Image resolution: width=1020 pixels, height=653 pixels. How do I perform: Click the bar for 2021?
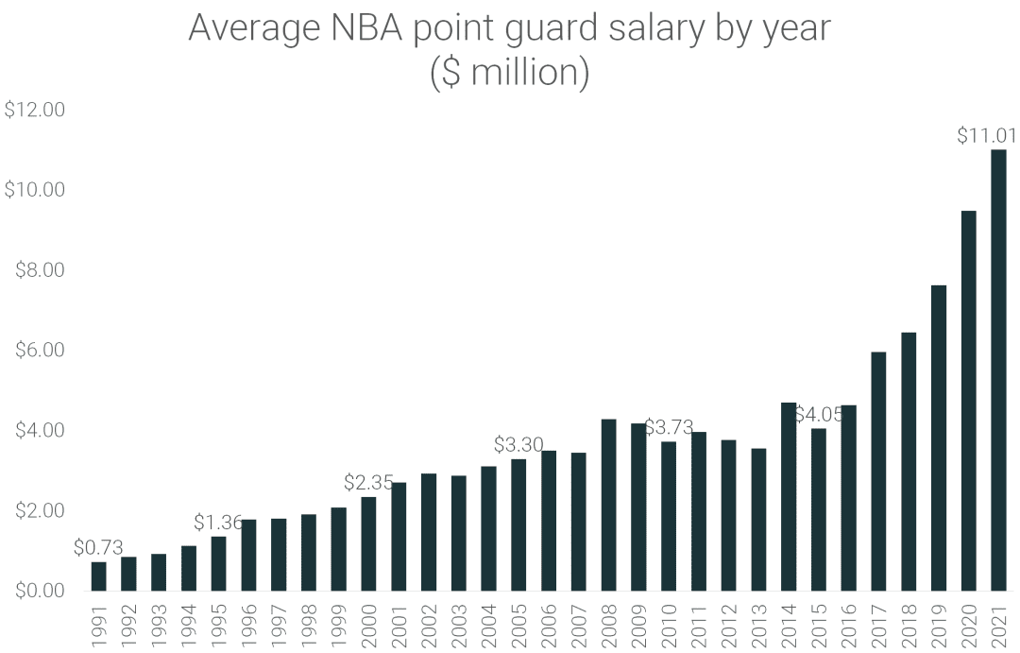tap(998, 370)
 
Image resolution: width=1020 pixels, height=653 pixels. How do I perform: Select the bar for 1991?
tap(99, 576)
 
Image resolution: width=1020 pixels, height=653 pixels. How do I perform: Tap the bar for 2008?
tap(608, 506)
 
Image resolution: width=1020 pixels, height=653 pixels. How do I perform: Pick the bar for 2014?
tap(789, 497)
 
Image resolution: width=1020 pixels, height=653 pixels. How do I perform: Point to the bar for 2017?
tap(878, 472)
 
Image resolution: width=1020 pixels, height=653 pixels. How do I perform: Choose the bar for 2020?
tap(968, 401)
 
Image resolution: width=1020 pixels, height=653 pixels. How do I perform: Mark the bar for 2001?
tap(399, 537)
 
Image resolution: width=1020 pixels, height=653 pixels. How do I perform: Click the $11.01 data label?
tap(987, 136)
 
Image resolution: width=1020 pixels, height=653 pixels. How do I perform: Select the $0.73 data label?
tap(98, 548)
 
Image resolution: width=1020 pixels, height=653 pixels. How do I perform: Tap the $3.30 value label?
tap(518, 444)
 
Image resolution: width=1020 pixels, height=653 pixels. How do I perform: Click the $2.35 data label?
tap(368, 483)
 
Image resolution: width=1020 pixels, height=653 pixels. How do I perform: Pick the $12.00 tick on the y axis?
tap(35, 110)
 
